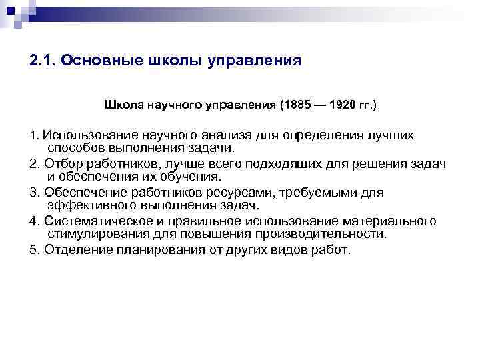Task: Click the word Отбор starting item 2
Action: [63, 164]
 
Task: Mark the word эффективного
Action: [93, 205]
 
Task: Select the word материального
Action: [393, 221]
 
